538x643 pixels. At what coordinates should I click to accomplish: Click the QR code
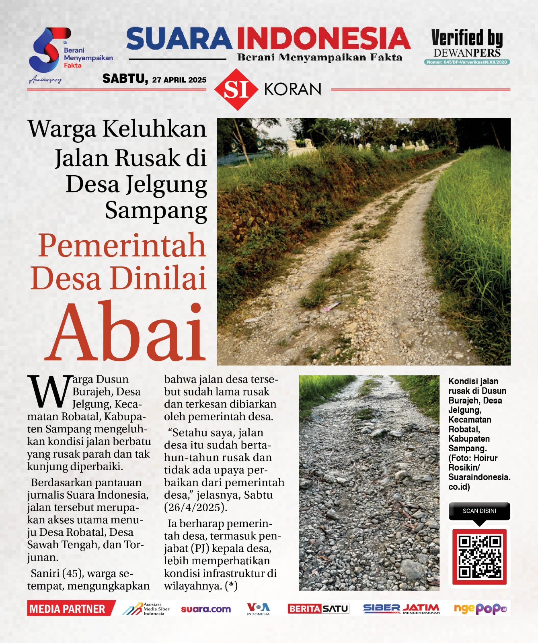[479, 557]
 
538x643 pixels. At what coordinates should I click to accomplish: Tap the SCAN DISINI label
[479, 511]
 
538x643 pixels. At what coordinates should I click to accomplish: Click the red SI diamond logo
[236, 90]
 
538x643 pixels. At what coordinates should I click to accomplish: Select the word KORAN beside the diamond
[293, 90]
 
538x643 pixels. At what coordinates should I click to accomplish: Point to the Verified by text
[467, 39]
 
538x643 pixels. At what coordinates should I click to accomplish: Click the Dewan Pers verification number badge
[467, 62]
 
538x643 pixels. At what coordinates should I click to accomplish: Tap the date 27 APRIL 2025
[179, 80]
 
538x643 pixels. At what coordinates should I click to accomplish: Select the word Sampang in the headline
[156, 210]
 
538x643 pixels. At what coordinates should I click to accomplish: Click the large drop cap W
[48, 391]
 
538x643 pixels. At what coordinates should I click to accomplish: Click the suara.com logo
[206, 609]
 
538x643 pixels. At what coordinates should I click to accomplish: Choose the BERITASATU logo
[318, 609]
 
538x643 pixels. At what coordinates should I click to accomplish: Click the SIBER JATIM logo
[401, 609]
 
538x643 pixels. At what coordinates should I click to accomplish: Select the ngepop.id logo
[480, 609]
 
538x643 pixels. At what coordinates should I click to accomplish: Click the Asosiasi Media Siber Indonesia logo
[146, 609]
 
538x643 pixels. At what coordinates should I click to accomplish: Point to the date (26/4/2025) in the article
[195, 508]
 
